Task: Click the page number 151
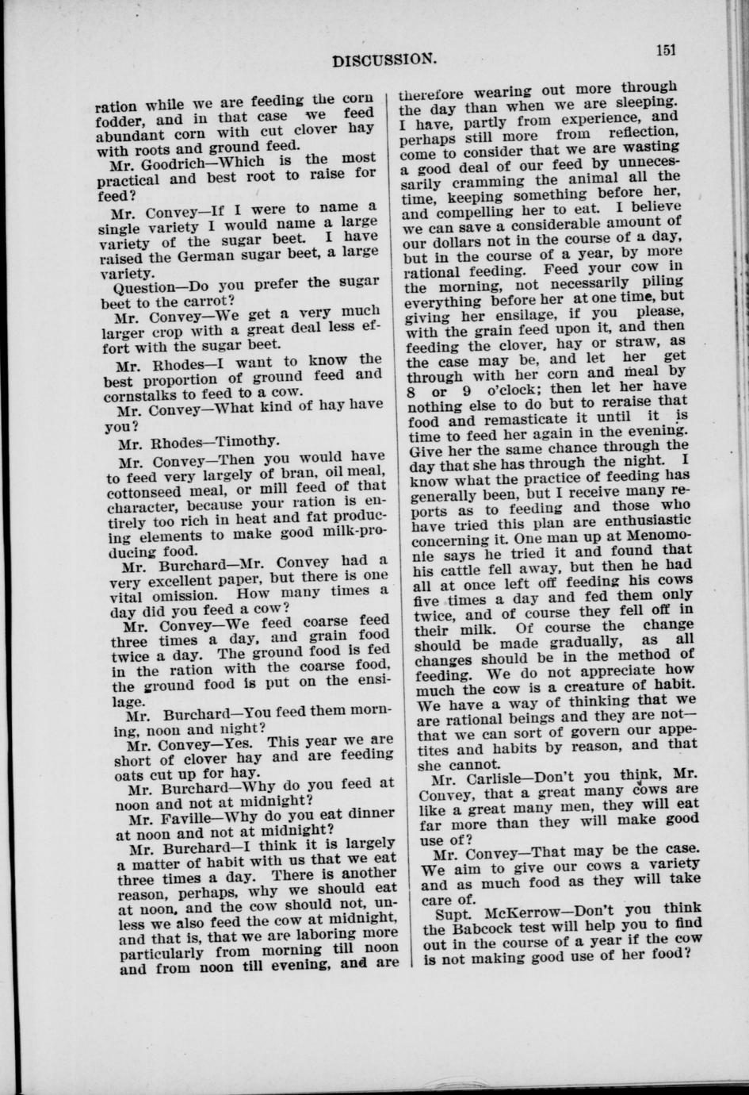664,49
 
